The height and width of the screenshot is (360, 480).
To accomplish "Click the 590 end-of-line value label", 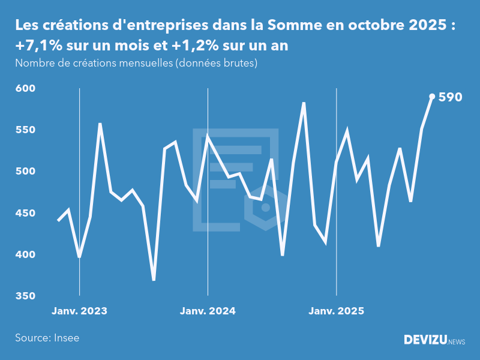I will (450, 97).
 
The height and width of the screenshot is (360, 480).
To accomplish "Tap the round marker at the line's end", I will (432, 96).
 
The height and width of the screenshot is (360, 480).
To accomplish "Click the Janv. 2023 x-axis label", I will (79, 311).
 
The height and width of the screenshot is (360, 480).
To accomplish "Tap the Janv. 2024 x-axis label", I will (208, 311).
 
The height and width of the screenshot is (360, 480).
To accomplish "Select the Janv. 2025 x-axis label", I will (336, 311).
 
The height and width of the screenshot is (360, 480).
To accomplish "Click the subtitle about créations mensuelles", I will (136, 63).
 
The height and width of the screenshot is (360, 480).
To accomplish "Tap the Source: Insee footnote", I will (47, 338).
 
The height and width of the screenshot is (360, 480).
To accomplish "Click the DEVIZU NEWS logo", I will (434, 340).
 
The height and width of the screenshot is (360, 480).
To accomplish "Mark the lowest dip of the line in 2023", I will (154, 280).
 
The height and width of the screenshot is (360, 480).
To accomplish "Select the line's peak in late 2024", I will (304, 103).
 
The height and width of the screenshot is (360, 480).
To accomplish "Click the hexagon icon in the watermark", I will (265, 208).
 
